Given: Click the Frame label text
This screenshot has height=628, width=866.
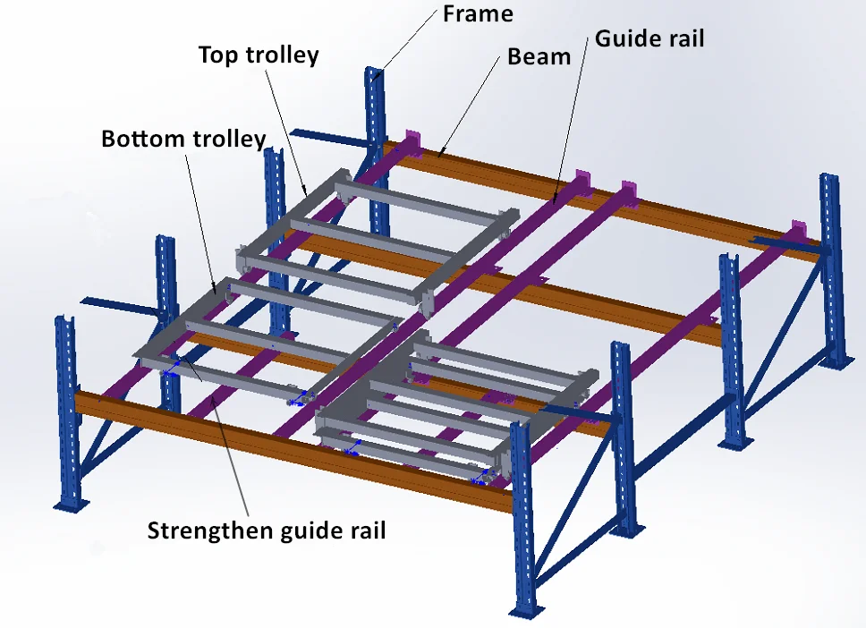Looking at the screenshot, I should coord(479,13).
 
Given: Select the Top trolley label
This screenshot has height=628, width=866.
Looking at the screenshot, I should coord(258,55).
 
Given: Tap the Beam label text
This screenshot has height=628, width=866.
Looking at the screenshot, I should coord(539,56).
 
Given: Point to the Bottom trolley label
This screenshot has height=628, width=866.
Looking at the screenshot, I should coord(183,139).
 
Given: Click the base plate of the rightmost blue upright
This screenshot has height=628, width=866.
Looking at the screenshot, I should coord(839,361).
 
